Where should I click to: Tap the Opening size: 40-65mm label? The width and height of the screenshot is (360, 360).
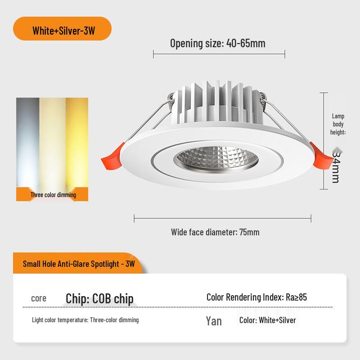pyautogui.click(x=217, y=44)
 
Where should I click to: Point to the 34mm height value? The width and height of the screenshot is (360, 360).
pyautogui.click(x=335, y=166)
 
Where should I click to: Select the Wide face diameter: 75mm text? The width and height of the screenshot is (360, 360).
pyautogui.click(x=215, y=232)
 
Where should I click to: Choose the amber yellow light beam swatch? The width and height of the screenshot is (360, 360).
pyautogui.click(x=77, y=142)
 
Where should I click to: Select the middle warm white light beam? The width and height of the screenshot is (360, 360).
pyautogui.click(x=52, y=142)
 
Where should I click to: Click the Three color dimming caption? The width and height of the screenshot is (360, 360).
pyautogui.click(x=53, y=195)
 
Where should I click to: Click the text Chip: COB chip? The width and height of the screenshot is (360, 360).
pyautogui.click(x=99, y=299)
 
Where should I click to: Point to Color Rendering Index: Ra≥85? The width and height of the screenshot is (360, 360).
pyautogui.click(x=256, y=297)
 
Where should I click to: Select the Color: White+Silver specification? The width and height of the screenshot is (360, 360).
pyautogui.click(x=267, y=320)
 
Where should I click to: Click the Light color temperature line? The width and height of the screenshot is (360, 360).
pyautogui.click(x=85, y=320)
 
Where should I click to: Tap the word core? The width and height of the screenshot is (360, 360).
pyautogui.click(x=39, y=298)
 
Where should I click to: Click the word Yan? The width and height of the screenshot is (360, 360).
pyautogui.click(x=214, y=321)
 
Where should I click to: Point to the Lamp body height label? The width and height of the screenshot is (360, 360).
pyautogui.click(x=338, y=124)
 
